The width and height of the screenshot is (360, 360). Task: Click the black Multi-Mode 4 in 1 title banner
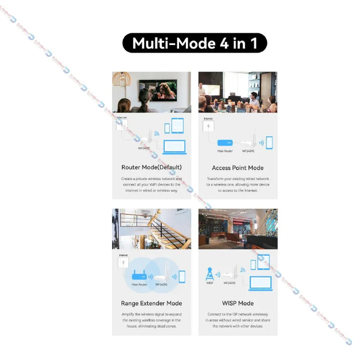point(194,43)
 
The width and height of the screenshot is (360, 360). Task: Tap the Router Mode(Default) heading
point(151,167)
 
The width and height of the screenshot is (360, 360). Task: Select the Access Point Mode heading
point(237,167)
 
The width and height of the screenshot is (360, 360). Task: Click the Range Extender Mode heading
point(151,303)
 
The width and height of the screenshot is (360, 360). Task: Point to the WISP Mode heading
point(237,303)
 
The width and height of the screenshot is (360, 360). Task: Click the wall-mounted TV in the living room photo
point(164,89)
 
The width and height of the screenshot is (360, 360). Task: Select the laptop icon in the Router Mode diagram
point(174,146)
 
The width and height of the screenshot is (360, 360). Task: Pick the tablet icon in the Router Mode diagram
point(177,125)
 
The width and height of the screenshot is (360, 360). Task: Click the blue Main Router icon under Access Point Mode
point(224,142)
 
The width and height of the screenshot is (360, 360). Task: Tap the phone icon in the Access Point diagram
point(269,142)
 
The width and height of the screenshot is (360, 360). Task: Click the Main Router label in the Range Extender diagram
point(138,284)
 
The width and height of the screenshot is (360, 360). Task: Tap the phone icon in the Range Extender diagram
point(181,276)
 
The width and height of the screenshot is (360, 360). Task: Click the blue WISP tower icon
point(210,274)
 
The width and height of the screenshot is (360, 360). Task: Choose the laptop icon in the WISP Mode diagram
point(260,282)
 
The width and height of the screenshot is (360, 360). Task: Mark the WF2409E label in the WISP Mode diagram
point(229,283)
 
